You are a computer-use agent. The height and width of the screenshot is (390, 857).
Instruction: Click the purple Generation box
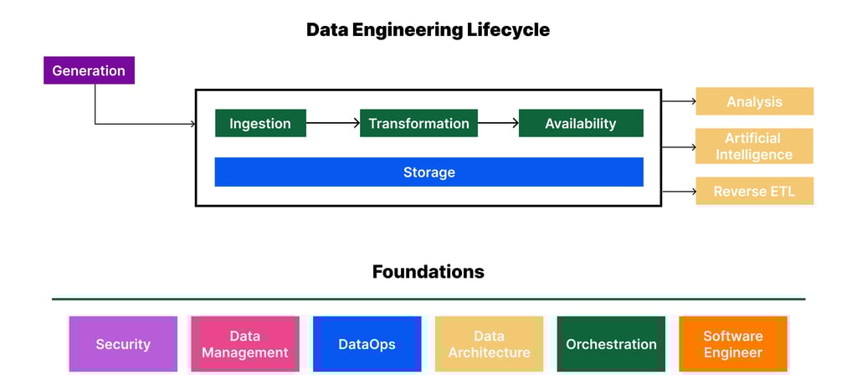click(x=89, y=71)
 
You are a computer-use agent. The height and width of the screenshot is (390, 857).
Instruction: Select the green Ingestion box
click(x=260, y=123)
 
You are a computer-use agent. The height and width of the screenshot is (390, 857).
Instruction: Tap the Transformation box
click(x=418, y=123)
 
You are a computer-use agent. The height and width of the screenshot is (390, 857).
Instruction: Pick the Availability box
click(x=581, y=123)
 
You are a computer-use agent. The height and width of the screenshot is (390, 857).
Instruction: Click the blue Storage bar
click(x=428, y=172)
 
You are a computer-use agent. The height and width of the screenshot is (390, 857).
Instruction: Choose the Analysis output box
click(x=754, y=101)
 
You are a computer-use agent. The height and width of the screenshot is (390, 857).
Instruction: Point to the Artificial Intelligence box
click(x=754, y=146)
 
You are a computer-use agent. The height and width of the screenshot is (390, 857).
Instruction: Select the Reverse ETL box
click(x=754, y=192)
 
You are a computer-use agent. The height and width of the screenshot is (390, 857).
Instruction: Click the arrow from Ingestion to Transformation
click(x=332, y=123)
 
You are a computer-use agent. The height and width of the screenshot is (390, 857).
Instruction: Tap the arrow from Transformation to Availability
click(x=498, y=123)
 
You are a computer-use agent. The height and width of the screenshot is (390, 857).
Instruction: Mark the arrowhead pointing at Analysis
click(x=692, y=101)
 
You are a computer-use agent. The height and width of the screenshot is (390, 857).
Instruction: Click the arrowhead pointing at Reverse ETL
click(x=692, y=192)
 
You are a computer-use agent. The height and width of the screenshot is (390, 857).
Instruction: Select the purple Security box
click(x=123, y=344)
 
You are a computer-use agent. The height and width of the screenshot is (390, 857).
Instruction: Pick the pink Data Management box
click(x=245, y=344)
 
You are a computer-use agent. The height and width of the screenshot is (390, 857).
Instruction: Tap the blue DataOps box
click(x=367, y=344)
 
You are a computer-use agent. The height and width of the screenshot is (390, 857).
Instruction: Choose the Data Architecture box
click(x=489, y=344)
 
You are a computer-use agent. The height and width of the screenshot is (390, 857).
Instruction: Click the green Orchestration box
click(x=611, y=344)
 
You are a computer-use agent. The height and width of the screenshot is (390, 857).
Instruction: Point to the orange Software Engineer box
click(x=733, y=344)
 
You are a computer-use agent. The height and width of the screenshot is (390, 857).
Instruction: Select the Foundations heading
click(x=428, y=272)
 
